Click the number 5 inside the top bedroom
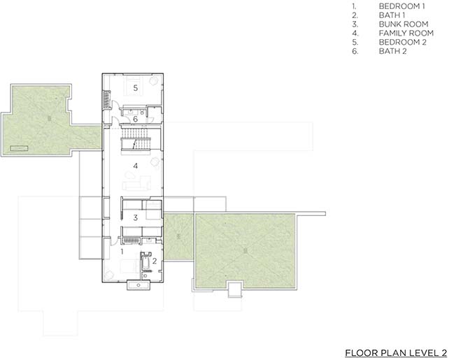[x=135, y=87]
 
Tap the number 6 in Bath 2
[x=135, y=119]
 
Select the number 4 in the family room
[x=135, y=166]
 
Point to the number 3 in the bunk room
[x=135, y=217]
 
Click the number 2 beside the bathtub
[x=155, y=261]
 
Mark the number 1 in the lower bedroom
[x=122, y=252]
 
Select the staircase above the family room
[x=136, y=139]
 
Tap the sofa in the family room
[x=136, y=183]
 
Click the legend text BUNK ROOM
[x=404, y=24]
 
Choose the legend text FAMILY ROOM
[x=406, y=33]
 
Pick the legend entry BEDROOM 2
[x=402, y=42]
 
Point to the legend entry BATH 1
[x=392, y=15]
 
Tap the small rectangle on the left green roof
[x=19, y=148]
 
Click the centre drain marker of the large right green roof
[x=246, y=251]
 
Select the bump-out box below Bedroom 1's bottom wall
[x=139, y=285]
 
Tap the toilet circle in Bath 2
[x=143, y=113]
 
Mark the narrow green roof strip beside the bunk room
[x=178, y=237]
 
